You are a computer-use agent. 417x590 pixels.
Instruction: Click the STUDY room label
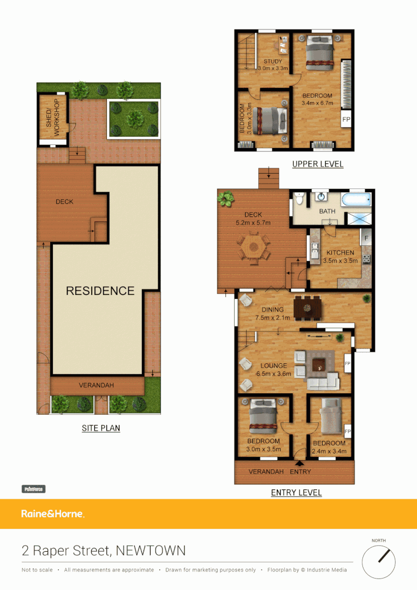(273, 62)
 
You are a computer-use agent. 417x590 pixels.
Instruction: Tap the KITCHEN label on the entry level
(340, 253)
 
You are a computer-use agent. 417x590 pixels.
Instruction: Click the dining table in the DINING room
(308, 308)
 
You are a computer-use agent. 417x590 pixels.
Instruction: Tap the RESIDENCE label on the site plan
(100, 291)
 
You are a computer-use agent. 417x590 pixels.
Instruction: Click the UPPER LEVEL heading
(318, 164)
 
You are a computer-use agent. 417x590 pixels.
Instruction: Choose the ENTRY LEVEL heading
(296, 493)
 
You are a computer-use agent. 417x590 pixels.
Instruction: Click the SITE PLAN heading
(101, 428)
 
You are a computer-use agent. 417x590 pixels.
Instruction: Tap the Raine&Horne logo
(52, 514)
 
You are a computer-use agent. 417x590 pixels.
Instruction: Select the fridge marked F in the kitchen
(366, 239)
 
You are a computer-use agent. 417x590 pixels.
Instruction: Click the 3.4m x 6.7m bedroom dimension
(317, 103)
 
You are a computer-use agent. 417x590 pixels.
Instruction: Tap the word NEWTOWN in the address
(150, 551)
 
